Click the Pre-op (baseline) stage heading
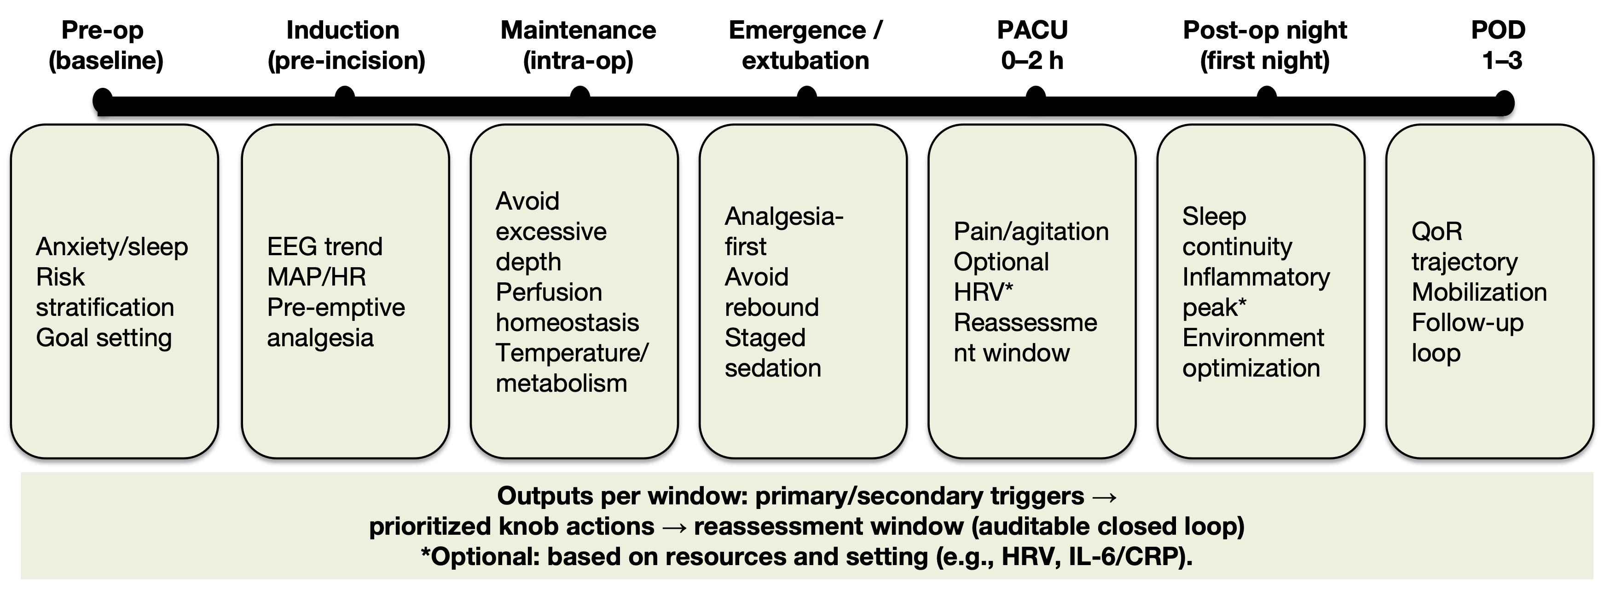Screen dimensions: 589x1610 105,45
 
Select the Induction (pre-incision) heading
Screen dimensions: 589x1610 346,45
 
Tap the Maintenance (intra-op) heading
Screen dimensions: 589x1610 578,45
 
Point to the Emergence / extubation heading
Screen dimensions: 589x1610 805,45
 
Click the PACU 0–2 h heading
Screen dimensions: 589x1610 1032,45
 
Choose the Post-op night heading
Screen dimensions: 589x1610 1265,45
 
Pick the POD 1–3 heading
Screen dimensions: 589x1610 1499,45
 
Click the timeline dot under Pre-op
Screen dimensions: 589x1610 103,100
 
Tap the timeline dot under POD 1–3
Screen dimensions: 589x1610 1503,102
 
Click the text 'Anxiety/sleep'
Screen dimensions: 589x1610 112,247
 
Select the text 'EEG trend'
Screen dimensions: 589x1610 324,247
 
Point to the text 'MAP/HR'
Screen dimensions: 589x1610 316,277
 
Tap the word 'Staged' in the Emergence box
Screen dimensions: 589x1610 765,338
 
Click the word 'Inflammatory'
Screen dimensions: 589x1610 1256,277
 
